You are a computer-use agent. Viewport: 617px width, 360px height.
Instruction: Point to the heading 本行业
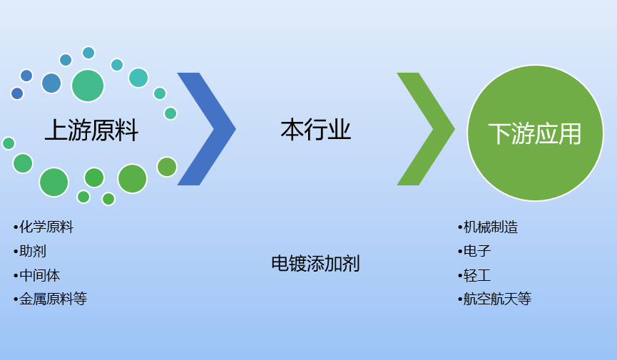pos(315,130)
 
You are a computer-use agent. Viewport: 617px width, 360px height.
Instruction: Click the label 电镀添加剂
pos(315,264)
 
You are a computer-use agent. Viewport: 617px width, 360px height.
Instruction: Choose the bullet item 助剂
pos(33,251)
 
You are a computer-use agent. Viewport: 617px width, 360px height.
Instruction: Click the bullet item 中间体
pos(40,275)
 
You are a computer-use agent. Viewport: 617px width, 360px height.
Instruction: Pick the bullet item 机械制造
pos(491,227)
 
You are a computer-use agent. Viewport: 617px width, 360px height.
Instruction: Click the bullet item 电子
pos(477,251)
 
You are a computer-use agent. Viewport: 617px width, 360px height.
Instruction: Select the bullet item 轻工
pos(477,275)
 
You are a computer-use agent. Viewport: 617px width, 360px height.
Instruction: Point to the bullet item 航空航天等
pos(497,299)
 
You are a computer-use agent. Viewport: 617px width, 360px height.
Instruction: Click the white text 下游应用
pos(534,133)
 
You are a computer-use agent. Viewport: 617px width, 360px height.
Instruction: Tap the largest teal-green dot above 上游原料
pos(88,86)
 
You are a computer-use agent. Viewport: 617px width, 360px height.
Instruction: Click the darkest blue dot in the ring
pos(17,93)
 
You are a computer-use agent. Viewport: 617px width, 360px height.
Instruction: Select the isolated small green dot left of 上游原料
pos(9,143)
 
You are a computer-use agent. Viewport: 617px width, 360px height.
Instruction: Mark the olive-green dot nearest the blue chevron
pos(167,167)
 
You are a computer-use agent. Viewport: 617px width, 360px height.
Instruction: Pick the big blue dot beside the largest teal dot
pos(51,83)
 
